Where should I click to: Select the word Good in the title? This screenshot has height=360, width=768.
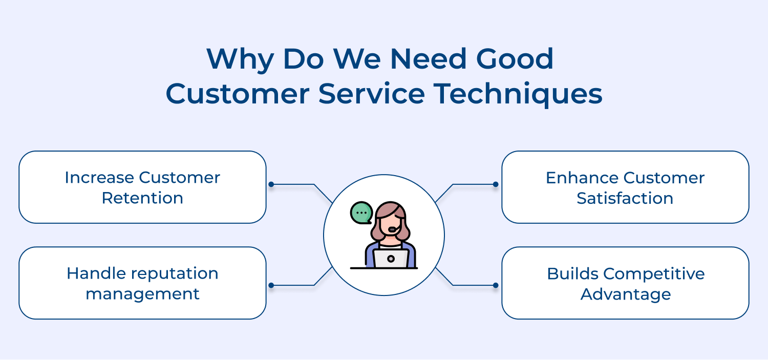(x=515, y=59)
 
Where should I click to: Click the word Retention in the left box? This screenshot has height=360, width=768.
(x=142, y=198)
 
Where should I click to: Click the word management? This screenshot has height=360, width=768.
(x=142, y=294)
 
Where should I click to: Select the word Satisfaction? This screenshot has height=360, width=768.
(x=625, y=198)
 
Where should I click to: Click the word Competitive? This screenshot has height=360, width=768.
(x=654, y=273)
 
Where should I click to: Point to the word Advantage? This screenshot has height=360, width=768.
(x=625, y=294)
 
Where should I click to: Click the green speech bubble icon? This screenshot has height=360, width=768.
(x=361, y=213)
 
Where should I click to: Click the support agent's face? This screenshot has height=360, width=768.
(x=392, y=224)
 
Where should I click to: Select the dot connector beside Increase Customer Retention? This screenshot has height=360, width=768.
(x=271, y=184)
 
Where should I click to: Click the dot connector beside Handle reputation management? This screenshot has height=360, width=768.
(x=271, y=285)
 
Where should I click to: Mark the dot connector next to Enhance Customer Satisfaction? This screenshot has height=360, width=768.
(x=495, y=184)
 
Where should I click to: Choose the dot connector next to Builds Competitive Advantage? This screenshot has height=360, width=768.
(x=495, y=285)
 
